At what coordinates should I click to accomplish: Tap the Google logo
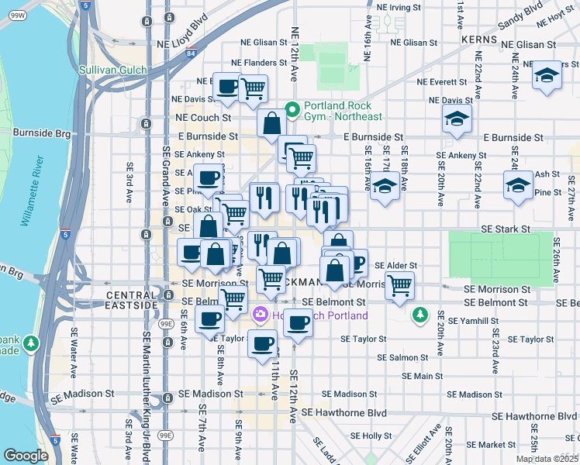[26, 456]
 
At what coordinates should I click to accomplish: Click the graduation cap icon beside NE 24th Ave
[547, 77]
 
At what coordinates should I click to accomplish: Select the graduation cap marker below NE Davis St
[457, 119]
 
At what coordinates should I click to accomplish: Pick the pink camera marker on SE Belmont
[261, 315]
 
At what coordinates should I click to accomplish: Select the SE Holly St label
[366, 436]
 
